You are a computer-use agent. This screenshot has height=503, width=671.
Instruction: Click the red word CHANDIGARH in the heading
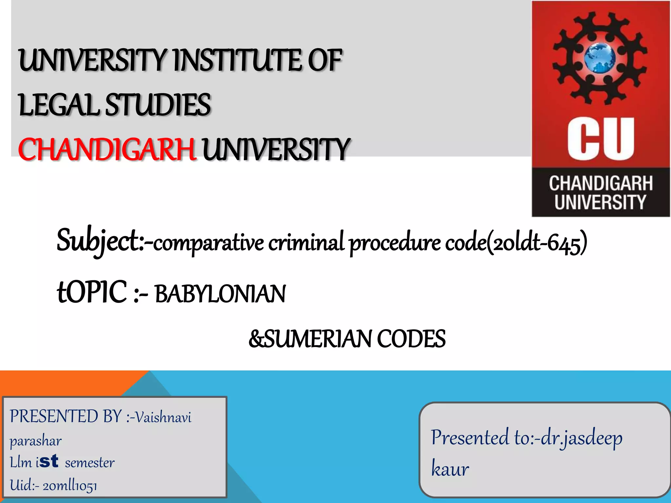(107, 149)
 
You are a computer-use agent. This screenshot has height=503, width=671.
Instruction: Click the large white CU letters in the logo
(601, 139)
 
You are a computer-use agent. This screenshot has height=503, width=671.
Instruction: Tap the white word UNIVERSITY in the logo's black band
(600, 202)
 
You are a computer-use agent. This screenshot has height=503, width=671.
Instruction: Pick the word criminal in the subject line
(306, 242)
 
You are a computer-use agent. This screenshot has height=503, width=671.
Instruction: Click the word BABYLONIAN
(220, 294)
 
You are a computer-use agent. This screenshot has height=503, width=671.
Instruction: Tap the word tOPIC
(92, 292)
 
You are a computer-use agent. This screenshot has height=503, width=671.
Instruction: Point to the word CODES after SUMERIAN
(411, 339)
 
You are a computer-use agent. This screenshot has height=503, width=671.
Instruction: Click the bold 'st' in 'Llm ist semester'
(49, 461)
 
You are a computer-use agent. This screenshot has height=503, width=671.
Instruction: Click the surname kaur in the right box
(450, 469)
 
